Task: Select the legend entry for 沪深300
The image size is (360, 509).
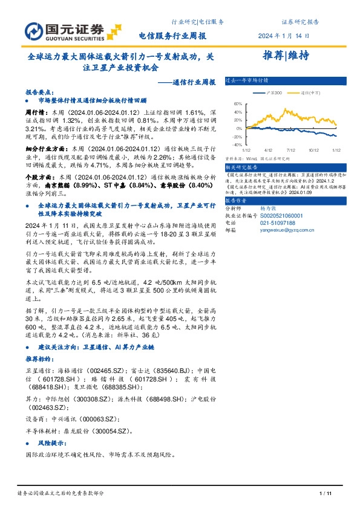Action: [x=272, y=93]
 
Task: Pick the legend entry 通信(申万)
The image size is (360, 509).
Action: [x=309, y=93]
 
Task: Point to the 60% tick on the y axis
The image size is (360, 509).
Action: [x=238, y=103]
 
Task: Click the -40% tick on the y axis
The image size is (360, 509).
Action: [x=237, y=145]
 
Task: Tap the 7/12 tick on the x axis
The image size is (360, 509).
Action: [x=290, y=149]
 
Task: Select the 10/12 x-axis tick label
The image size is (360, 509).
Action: [x=313, y=149]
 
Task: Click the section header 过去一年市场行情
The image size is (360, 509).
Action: [x=247, y=80]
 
